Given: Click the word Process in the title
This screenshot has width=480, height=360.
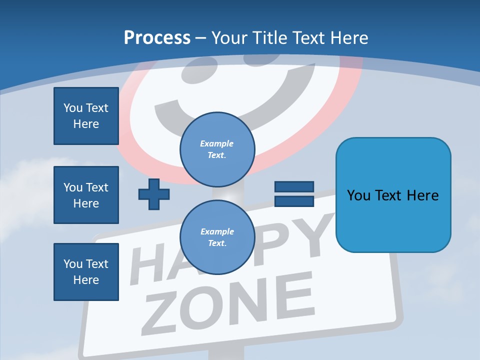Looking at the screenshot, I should (x=157, y=38).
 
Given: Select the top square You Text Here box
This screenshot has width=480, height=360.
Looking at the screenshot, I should (x=86, y=116).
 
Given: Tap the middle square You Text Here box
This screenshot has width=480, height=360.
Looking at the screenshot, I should (x=86, y=195).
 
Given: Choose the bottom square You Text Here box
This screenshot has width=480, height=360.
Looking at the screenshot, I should (x=86, y=272).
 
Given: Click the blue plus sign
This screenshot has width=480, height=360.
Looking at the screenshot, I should (x=154, y=194).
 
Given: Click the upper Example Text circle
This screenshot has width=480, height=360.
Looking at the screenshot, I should (x=217, y=149).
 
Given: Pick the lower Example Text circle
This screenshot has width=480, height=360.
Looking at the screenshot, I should (x=217, y=237).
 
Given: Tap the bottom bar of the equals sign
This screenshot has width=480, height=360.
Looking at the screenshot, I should (x=294, y=201).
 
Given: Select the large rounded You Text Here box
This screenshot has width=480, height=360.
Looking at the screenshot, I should (x=393, y=195).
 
